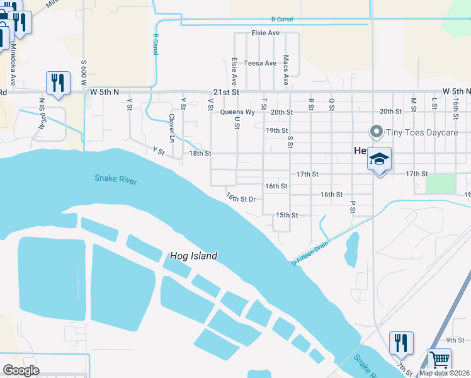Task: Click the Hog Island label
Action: click(x=193, y=256)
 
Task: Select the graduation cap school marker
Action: click(x=380, y=159)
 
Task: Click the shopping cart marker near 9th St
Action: click(x=440, y=360)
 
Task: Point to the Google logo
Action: click(x=21, y=370)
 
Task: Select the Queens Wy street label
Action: click(x=237, y=112)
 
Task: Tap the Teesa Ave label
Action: click(x=261, y=63)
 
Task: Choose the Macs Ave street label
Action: click(x=286, y=71)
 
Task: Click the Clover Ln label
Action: click(x=171, y=126)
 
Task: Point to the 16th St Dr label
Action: click(x=241, y=198)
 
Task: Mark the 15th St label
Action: click(x=287, y=215)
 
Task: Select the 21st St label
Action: click(x=227, y=92)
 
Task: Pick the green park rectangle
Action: click(x=440, y=183)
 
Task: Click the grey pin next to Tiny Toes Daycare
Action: click(x=376, y=132)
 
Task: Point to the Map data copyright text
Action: click(x=445, y=373)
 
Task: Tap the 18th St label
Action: click(x=200, y=153)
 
